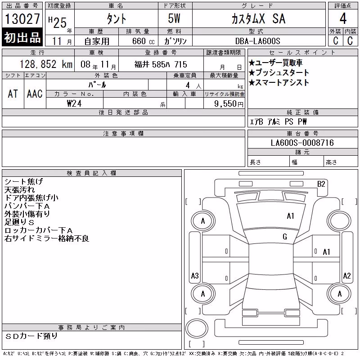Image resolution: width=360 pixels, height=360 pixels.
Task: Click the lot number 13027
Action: click(22, 19)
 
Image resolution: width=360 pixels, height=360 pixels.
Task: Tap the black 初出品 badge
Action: click(22, 37)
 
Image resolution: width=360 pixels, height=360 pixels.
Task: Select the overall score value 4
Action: click(343, 18)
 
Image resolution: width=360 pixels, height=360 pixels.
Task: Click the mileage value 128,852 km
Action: click(46, 64)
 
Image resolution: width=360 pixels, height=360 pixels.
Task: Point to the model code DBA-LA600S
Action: click(257, 41)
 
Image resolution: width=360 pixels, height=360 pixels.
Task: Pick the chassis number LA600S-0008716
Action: click(302, 143)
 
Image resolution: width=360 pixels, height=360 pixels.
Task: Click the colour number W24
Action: click(74, 103)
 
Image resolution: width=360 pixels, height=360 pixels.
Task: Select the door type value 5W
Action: click(174, 18)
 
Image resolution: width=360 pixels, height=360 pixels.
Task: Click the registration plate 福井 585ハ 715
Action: click(161, 64)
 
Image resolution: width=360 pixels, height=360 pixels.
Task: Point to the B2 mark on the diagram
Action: click(321, 184)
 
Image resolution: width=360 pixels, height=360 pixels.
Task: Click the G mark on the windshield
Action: click(285, 237)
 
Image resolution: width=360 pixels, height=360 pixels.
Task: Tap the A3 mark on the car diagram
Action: click(195, 275)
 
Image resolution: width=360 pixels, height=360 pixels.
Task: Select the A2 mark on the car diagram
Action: click(346, 275)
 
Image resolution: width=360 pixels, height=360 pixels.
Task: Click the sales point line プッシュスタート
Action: click(279, 72)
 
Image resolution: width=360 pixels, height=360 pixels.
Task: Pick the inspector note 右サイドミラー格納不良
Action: click(47, 238)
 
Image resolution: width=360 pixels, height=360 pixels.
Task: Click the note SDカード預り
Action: click(31, 336)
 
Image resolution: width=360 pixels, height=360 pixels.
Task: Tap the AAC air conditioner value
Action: click(35, 94)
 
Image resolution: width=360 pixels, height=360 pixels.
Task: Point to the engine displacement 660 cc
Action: click(143, 41)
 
